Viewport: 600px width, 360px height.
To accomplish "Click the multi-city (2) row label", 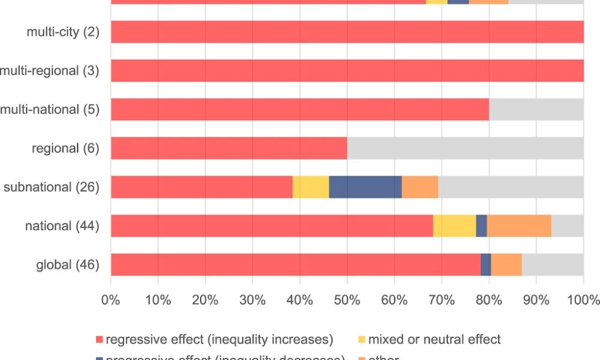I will coord(62,32).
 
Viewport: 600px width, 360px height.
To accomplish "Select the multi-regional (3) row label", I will coord(49,71).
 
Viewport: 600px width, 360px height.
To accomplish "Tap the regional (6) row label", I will coord(65,148).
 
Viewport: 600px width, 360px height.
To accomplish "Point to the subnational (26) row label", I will coord(51,187).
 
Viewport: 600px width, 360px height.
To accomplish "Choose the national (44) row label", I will coord(62,226).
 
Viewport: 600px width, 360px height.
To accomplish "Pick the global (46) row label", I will coord(66,265).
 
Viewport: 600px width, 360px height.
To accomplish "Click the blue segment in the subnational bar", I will coord(365,187).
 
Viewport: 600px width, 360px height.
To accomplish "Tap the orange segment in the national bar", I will coord(519,226).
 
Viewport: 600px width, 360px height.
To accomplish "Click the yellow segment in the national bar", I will coord(454,226).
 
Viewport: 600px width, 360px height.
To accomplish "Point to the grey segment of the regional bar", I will coord(465,148).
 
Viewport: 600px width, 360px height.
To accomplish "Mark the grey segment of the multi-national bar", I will coord(536,110).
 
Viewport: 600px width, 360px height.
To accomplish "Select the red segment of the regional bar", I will coord(229,148).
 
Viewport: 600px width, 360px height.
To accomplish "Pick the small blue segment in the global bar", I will coord(486,265).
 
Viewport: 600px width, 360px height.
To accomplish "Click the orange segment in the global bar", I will coord(506,265).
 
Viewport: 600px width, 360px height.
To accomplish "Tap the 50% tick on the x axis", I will coord(347,299).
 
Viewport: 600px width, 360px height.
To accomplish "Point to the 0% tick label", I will coord(111,299).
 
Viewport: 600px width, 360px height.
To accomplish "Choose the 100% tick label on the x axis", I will coord(584,299).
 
